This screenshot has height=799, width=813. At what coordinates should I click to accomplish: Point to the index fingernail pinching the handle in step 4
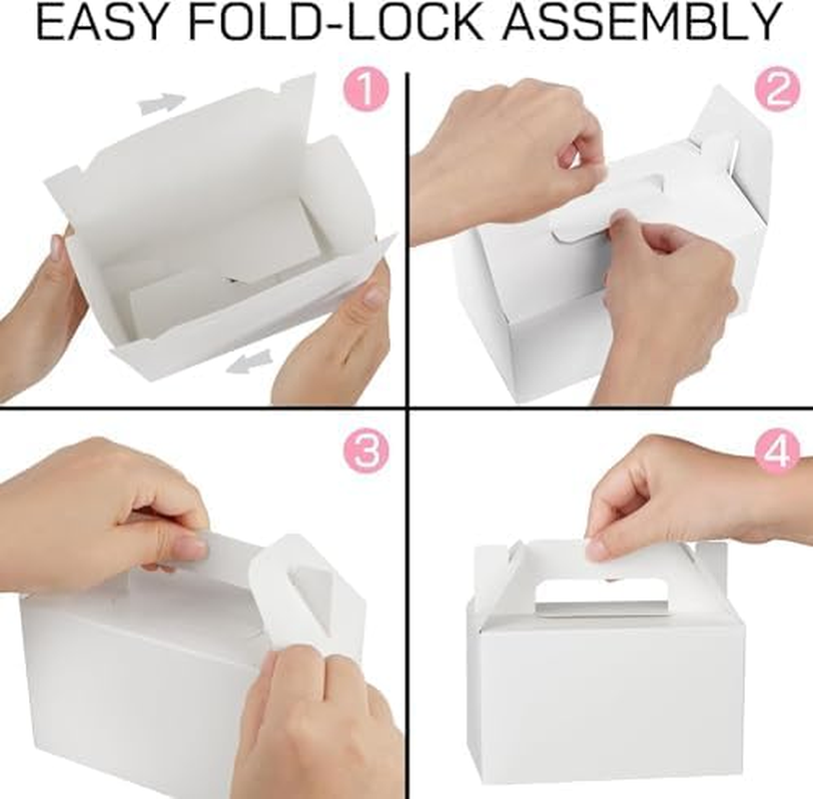[x=598, y=547]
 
